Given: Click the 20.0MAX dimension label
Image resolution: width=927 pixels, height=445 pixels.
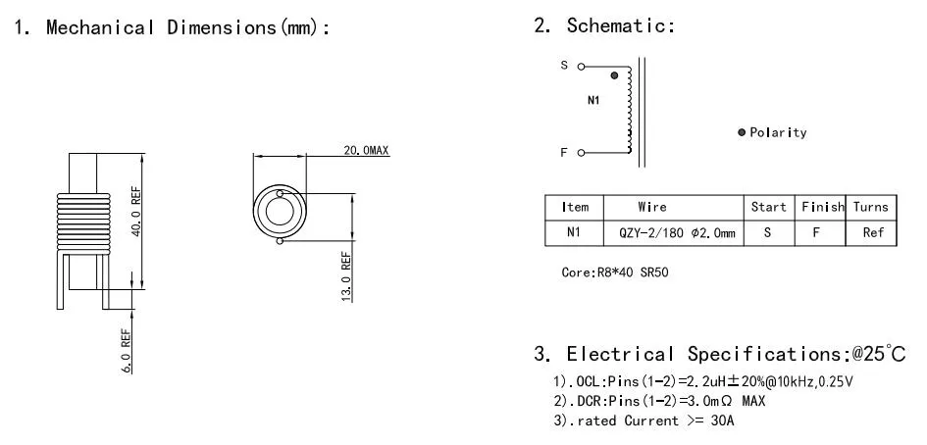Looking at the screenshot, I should tap(366, 150).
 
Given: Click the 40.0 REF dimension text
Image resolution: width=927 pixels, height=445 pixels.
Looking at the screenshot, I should tap(137, 213).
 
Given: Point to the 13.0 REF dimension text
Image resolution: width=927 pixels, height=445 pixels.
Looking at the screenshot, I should tap(345, 277).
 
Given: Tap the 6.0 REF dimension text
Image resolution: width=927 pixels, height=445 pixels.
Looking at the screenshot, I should tap(127, 350).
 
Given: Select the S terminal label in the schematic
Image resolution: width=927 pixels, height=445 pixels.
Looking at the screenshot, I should tap(564, 66).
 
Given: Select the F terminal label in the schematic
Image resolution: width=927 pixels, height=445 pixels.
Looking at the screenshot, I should tap(564, 152).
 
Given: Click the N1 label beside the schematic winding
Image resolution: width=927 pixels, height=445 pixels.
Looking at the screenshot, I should tap(593, 102).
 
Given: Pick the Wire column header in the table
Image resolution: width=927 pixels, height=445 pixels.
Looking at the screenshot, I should tap(651, 207).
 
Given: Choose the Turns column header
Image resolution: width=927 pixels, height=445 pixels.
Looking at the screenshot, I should tap(870, 207).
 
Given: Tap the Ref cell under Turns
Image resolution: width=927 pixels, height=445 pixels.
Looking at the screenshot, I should tap(872, 233).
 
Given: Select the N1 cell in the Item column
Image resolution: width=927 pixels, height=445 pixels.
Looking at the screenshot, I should tap(574, 233).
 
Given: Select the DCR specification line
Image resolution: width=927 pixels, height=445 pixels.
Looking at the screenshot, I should tap(656, 401).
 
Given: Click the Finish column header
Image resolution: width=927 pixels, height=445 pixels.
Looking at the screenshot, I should tap(821, 207).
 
